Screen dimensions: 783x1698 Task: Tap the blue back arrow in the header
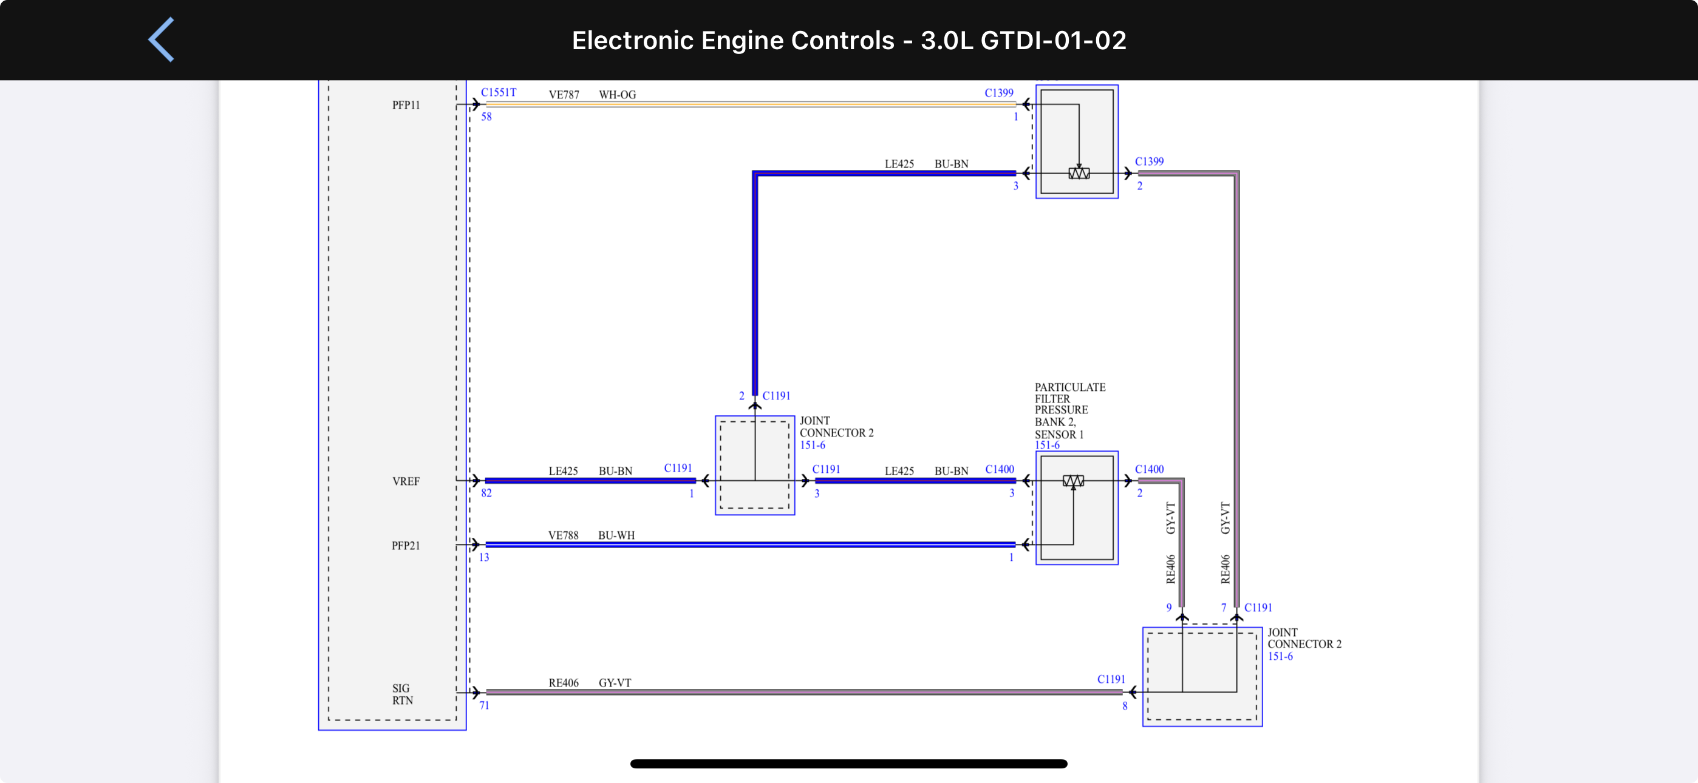pos(162,39)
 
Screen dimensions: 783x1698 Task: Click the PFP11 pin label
pos(406,105)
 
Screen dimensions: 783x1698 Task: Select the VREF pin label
pos(406,481)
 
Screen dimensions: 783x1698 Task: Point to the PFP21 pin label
pos(406,546)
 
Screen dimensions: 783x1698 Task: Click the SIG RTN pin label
pos(402,694)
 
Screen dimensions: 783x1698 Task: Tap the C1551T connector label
pos(499,92)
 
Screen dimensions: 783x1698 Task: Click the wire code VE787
pos(564,95)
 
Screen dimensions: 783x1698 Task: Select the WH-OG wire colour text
pos(617,95)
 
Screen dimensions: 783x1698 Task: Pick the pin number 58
pos(486,117)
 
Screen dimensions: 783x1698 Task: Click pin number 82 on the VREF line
pos(486,493)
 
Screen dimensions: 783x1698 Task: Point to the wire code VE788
pos(563,535)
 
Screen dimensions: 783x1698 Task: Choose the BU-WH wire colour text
pos(616,535)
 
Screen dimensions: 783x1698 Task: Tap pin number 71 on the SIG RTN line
pos(485,705)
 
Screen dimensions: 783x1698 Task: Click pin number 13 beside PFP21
pos(485,558)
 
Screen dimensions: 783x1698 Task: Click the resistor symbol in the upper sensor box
pos(1079,174)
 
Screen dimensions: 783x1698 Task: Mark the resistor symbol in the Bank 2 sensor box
pos(1073,481)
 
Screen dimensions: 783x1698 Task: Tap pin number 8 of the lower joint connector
pos(1125,706)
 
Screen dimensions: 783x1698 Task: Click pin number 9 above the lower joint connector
pos(1168,608)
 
